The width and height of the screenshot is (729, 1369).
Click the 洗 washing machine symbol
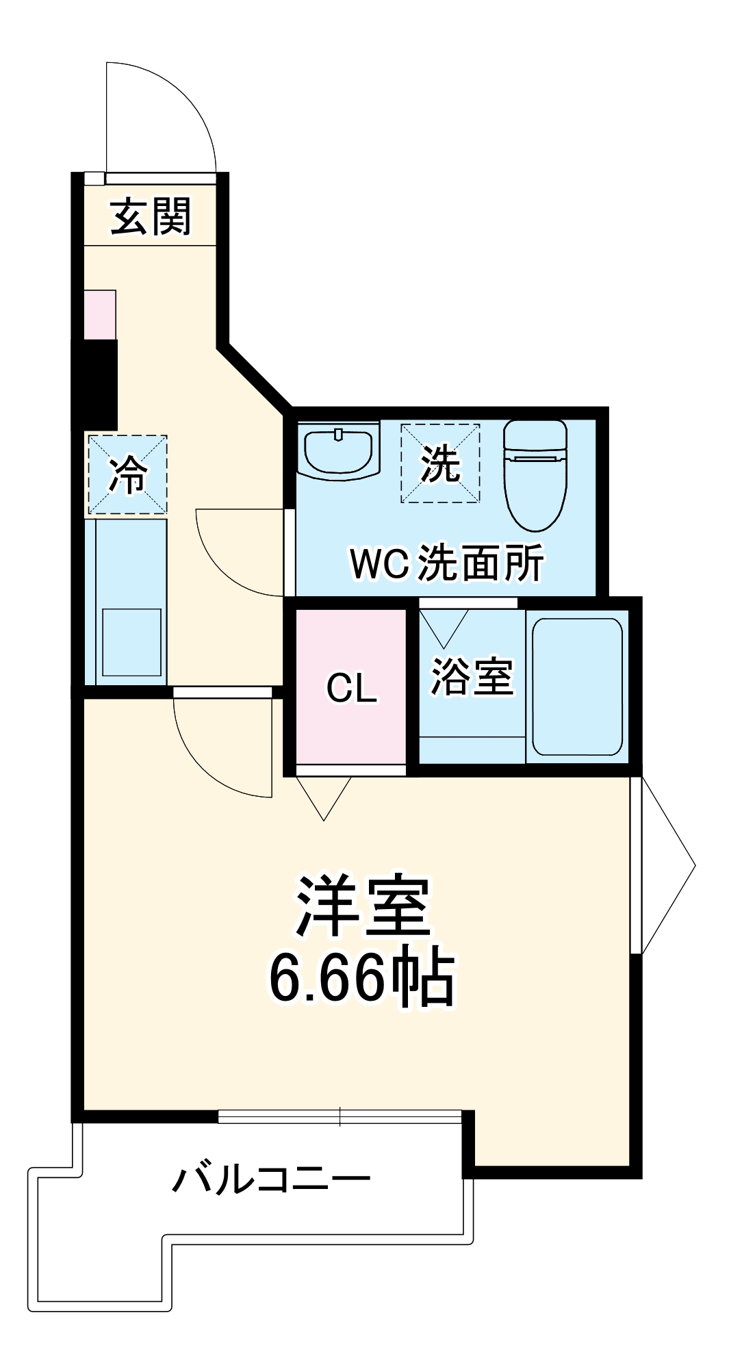(x=439, y=463)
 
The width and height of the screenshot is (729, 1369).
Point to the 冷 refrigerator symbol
(x=127, y=474)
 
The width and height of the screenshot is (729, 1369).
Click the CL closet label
(x=351, y=688)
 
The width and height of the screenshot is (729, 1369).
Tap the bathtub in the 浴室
(x=577, y=687)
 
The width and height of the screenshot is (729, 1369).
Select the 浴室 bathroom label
(x=471, y=677)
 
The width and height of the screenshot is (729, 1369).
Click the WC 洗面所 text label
(x=446, y=563)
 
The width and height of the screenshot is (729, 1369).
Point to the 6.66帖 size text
(x=361, y=977)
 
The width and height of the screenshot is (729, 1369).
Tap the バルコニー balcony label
(x=271, y=1179)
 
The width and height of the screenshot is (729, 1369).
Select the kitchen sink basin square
(x=131, y=641)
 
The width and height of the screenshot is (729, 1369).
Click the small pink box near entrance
(x=100, y=314)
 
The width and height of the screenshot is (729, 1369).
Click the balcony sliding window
(x=340, y=1116)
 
